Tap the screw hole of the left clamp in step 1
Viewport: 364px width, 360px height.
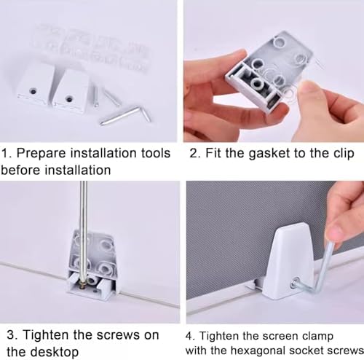click(33, 91)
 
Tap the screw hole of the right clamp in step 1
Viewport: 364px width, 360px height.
click(70, 98)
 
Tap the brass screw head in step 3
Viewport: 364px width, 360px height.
click(83, 284)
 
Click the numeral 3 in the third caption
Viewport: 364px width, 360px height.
click(10, 335)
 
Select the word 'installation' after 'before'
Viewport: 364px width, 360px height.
click(78, 170)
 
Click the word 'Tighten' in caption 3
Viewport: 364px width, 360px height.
click(45, 335)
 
